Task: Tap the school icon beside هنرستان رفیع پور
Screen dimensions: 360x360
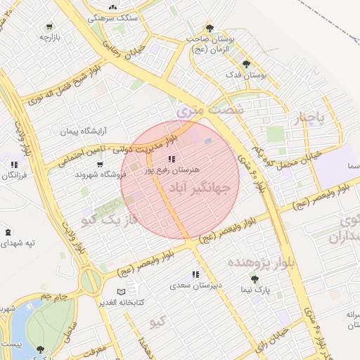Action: (x=172, y=159)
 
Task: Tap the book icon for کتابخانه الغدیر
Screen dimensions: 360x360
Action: (x=121, y=291)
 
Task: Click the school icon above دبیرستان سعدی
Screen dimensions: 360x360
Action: (x=195, y=275)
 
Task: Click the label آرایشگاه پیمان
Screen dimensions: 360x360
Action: (x=85, y=131)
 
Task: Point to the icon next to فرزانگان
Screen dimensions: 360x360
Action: (x=13, y=164)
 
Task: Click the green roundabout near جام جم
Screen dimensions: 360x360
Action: (x=90, y=281)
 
